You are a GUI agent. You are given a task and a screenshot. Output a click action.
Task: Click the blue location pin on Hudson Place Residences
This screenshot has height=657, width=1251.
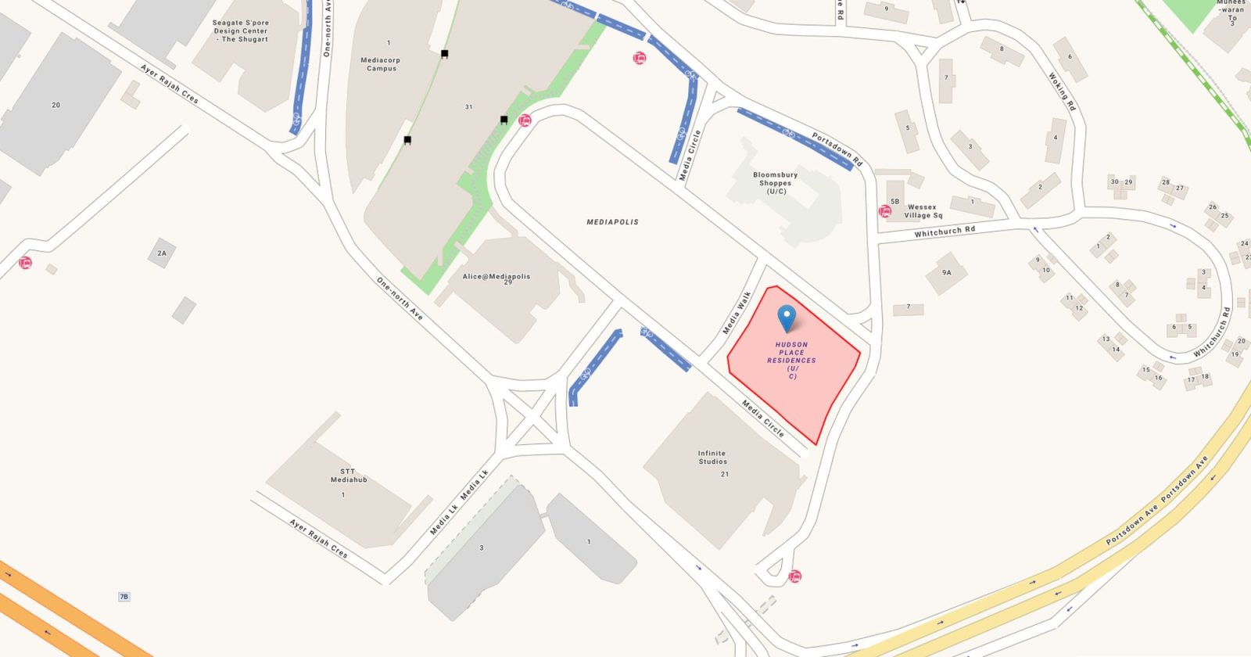(x=787, y=317)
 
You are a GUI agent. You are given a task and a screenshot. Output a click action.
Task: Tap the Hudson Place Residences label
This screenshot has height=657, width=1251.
(x=791, y=360)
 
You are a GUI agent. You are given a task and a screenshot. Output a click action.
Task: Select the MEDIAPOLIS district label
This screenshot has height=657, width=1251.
(x=612, y=222)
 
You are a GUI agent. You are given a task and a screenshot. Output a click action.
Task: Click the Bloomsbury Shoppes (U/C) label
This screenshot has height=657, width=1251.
(x=776, y=183)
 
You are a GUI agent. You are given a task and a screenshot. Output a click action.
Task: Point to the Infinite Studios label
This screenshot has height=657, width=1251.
(x=712, y=458)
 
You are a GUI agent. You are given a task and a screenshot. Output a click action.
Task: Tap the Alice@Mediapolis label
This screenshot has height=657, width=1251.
(x=496, y=277)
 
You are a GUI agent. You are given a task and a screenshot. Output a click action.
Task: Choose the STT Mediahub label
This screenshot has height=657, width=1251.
(x=348, y=476)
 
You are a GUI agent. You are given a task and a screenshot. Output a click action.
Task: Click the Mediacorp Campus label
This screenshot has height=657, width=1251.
(x=381, y=64)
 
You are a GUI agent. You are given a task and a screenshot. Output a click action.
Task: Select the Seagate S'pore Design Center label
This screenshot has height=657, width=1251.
(x=241, y=31)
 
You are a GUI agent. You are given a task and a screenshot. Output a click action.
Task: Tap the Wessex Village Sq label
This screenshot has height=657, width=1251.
(x=923, y=211)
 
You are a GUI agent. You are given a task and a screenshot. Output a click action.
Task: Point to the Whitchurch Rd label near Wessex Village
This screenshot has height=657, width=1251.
(x=945, y=232)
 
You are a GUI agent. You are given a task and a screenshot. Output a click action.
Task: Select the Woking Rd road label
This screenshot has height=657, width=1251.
(x=1061, y=92)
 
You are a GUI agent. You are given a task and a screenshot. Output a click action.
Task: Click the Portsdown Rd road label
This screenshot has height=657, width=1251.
(x=837, y=149)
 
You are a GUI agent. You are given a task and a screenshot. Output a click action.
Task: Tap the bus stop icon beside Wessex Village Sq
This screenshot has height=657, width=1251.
(x=885, y=211)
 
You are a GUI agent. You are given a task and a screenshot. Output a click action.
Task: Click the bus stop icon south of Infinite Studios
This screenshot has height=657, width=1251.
(x=795, y=576)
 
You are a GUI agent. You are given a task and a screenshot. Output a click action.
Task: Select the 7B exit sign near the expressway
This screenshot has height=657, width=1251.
(x=124, y=597)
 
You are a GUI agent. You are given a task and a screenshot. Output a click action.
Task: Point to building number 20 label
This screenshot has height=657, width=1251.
(x=56, y=105)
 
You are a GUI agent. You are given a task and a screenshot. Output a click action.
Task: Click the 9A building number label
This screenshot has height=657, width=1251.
(x=946, y=273)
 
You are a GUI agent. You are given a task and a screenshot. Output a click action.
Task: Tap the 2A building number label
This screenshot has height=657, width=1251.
(x=162, y=253)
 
